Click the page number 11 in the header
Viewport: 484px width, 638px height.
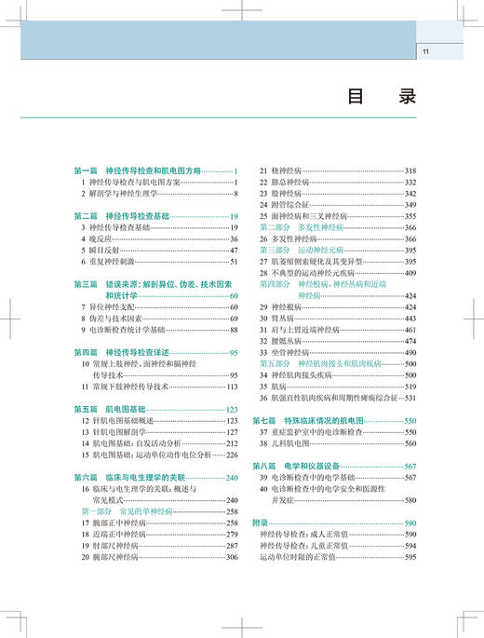[425, 51]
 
